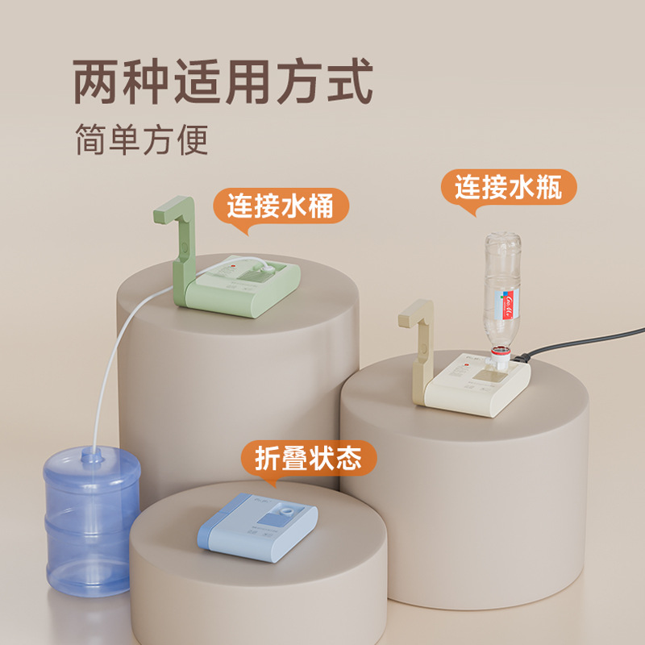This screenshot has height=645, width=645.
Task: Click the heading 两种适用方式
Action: point(223,82)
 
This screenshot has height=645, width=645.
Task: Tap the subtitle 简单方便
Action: point(142,139)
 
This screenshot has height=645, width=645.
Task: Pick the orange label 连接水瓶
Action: point(508,188)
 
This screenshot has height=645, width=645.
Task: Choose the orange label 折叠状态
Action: point(310,459)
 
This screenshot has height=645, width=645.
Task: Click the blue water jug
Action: point(91,524)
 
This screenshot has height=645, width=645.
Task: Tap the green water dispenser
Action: point(242,286)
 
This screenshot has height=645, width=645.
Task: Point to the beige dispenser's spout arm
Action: point(419,339)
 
